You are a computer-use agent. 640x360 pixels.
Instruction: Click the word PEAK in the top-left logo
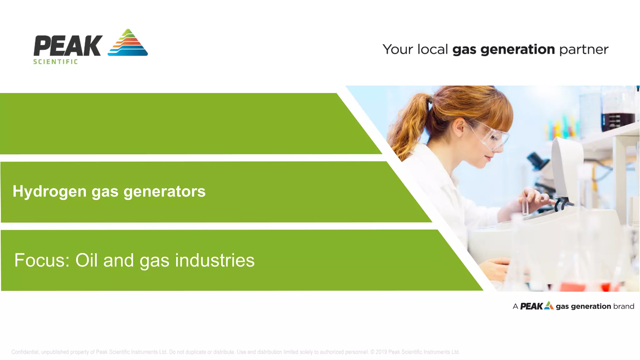pyautogui.click(x=68, y=46)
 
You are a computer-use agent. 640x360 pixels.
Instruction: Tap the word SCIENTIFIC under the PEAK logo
pyautogui.click(x=56, y=62)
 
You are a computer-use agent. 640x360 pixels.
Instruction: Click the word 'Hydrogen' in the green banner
pyautogui.click(x=49, y=191)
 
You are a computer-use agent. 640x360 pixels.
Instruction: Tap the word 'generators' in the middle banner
pyautogui.click(x=164, y=191)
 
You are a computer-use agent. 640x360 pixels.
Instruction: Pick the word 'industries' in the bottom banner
pyautogui.click(x=215, y=260)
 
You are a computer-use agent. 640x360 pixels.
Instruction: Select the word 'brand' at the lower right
pyautogui.click(x=623, y=306)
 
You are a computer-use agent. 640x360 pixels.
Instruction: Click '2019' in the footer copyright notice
pyautogui.click(x=381, y=352)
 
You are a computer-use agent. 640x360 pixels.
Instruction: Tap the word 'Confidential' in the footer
pyautogui.click(x=25, y=352)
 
